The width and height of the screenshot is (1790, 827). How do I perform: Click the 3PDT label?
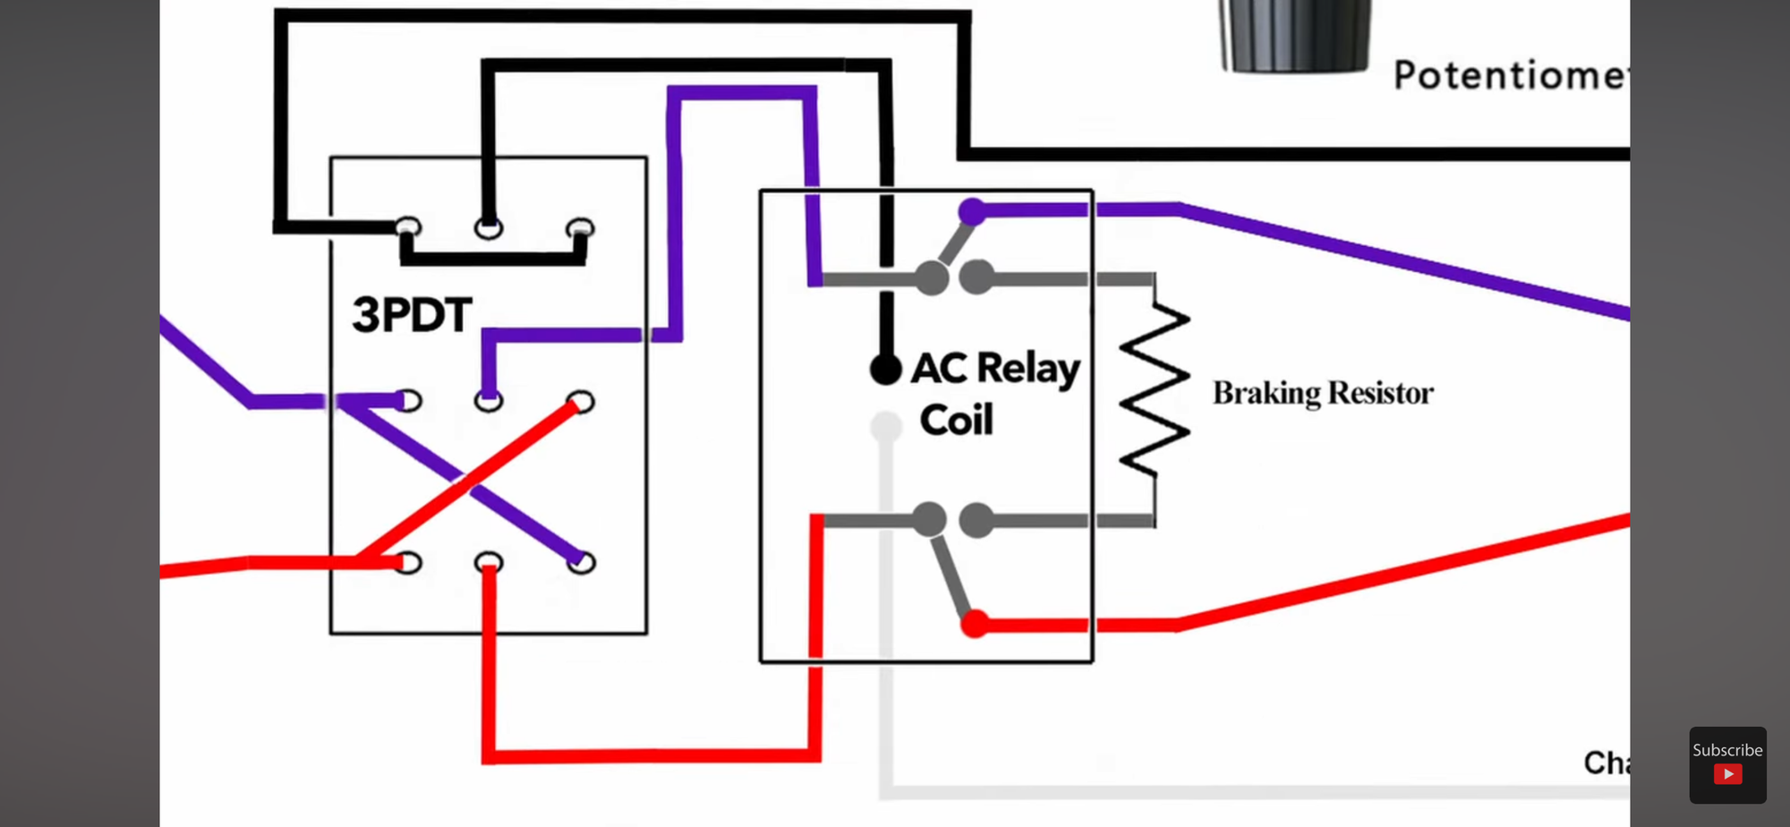click(412, 315)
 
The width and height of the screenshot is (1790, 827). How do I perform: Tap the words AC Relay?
click(995, 369)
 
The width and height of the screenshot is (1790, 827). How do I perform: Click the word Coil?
click(956, 421)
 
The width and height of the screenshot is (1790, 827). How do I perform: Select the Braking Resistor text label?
click(1322, 393)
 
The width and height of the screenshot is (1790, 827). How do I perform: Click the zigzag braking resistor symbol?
click(1155, 391)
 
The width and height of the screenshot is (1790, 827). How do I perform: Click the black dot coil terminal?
click(885, 369)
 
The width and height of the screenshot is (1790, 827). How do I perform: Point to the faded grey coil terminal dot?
click(885, 427)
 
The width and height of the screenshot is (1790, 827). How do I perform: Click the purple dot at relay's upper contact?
click(972, 211)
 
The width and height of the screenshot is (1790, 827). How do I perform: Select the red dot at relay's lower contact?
click(974, 624)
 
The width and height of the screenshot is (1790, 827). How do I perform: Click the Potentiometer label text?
click(1508, 75)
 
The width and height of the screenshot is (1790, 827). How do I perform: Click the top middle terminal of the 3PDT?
click(489, 228)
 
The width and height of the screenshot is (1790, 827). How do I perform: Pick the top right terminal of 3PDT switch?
click(580, 228)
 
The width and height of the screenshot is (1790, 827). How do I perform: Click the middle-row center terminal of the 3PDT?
click(489, 400)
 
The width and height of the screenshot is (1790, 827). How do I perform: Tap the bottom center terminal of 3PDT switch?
click(489, 563)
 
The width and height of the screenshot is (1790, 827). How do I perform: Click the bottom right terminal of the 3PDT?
click(581, 563)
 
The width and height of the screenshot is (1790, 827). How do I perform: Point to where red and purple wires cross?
click(466, 482)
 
